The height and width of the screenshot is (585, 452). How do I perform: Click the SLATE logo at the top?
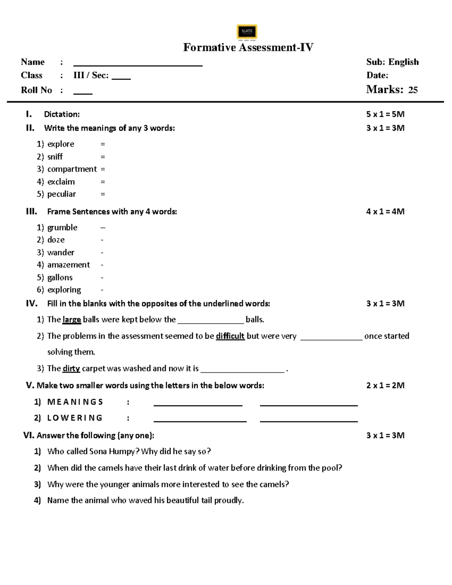point(247,32)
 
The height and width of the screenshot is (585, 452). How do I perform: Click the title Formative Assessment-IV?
point(248,47)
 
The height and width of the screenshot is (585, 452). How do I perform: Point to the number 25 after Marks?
point(413,90)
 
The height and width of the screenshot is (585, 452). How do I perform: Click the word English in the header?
point(403,62)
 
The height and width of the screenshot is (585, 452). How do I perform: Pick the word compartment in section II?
point(72,169)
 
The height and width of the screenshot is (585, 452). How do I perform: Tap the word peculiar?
point(61,194)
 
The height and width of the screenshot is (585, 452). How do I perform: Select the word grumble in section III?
point(62,228)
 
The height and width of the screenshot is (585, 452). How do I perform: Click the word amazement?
point(69,265)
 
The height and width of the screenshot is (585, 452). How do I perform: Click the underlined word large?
point(72,320)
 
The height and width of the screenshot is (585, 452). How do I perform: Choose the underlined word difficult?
point(230,336)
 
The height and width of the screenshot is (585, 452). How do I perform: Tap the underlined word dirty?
point(71,368)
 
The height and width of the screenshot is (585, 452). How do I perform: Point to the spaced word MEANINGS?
point(75,402)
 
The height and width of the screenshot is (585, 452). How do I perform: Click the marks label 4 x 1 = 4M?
point(385,212)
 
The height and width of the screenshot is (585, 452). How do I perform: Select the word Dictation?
point(62,114)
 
